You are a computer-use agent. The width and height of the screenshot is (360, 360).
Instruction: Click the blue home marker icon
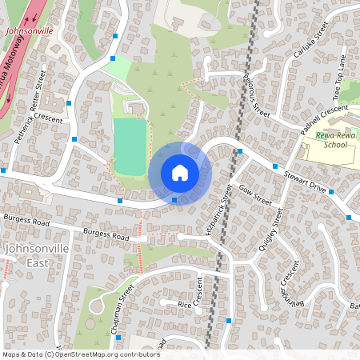tap(180, 172)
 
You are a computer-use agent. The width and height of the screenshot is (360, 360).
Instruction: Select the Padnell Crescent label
tap(323, 119)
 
